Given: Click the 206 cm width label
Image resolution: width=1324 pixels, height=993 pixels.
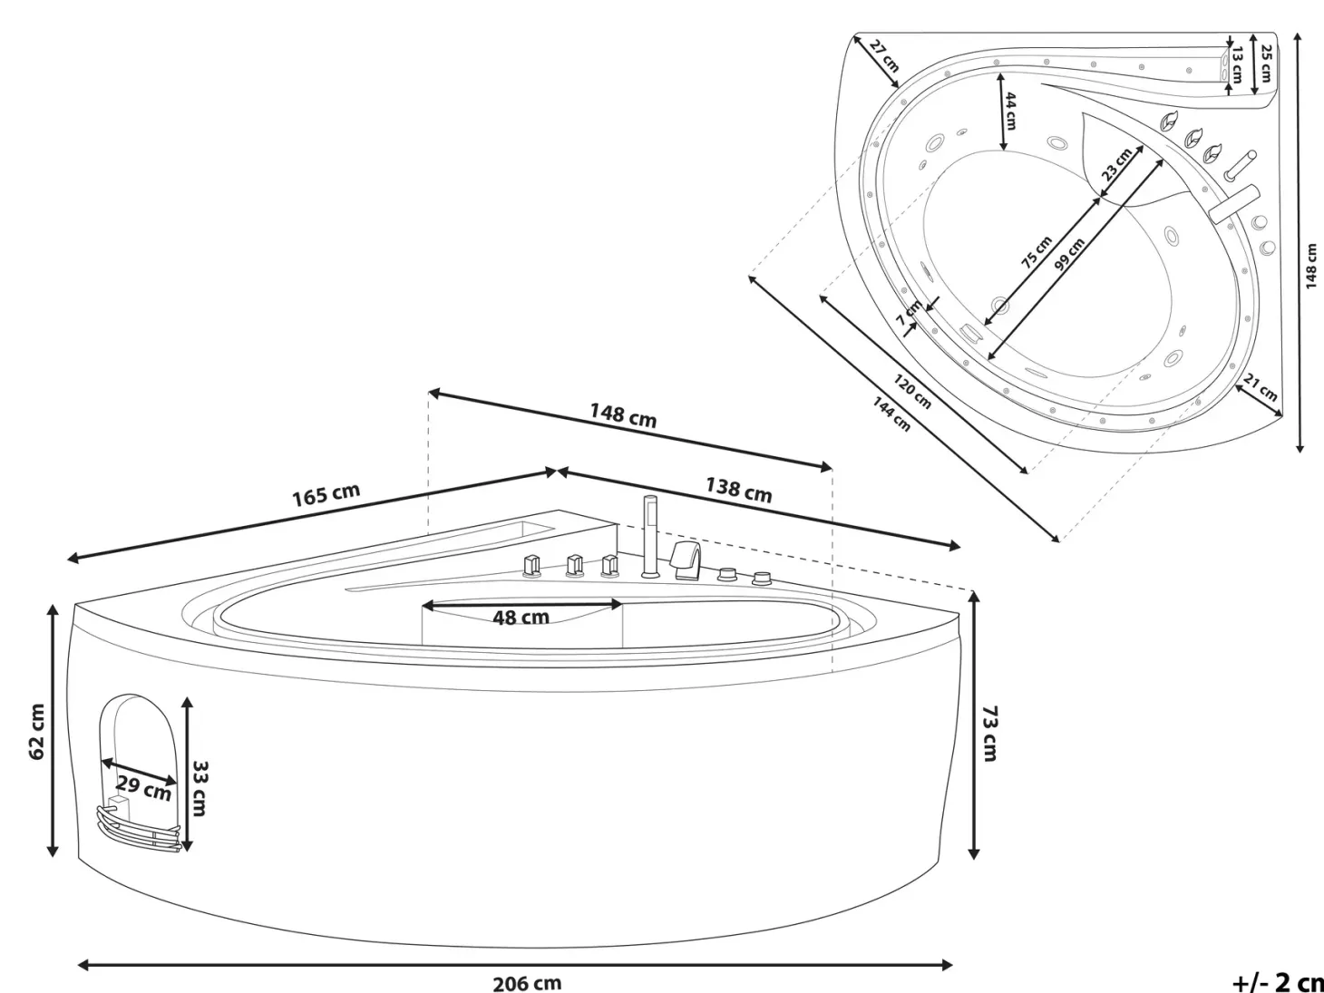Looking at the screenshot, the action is (x=527, y=983).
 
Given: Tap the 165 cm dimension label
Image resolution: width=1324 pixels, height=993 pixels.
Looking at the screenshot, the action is (x=326, y=495).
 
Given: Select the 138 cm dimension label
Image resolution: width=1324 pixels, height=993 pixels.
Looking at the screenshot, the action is (x=739, y=491).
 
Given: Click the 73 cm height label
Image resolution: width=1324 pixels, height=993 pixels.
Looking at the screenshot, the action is (x=990, y=733).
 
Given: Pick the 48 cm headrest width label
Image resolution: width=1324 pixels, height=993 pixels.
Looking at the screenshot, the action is (x=521, y=618).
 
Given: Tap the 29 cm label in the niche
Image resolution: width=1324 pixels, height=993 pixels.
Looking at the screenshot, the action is (x=144, y=788).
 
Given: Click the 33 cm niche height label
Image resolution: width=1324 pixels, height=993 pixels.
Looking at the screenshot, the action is (x=200, y=788).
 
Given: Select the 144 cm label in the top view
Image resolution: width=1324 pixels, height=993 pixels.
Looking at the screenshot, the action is (x=891, y=414).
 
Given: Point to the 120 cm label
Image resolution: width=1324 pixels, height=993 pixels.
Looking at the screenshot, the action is (x=912, y=391).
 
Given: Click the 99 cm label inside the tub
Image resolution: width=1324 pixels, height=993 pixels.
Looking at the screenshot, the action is (x=1070, y=253).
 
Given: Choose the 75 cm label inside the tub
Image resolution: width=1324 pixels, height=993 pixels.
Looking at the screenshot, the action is (x=1037, y=252).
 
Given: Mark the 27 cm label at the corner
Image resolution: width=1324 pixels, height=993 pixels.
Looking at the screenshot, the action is (x=885, y=55).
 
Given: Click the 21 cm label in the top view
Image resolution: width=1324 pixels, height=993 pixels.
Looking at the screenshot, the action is (x=1260, y=387).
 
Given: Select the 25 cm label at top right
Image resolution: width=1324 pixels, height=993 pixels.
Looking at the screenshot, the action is (x=1266, y=63).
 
